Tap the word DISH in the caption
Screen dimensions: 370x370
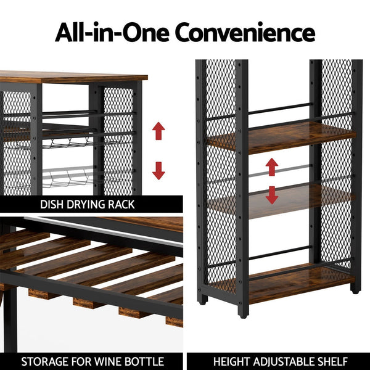pos(53,204)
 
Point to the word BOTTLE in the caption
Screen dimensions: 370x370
pos(143,361)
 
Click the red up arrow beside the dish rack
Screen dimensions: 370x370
pos(159,131)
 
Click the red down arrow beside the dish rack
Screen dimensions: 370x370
pos(159,170)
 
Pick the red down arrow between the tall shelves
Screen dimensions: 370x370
pos(272,194)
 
